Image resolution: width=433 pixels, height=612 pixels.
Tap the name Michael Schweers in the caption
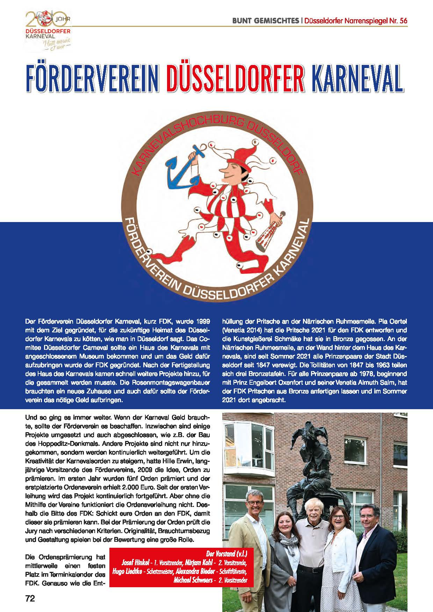click(x=191, y=580)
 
